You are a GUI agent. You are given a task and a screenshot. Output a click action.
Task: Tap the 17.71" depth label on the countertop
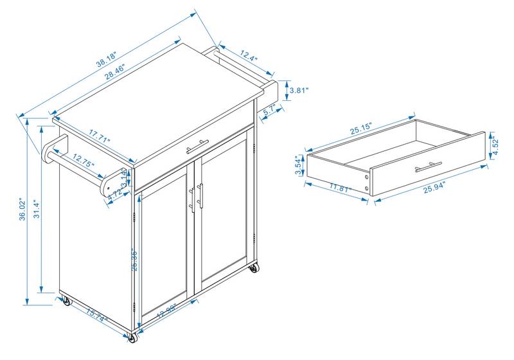click(x=100, y=136)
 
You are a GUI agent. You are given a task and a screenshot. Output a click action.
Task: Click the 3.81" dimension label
click(x=299, y=91)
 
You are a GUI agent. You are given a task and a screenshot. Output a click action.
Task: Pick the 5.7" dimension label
click(x=270, y=110)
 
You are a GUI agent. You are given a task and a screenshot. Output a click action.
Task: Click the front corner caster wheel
click(x=133, y=337)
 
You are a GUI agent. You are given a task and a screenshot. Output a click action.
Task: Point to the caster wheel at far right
click(x=255, y=267)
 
